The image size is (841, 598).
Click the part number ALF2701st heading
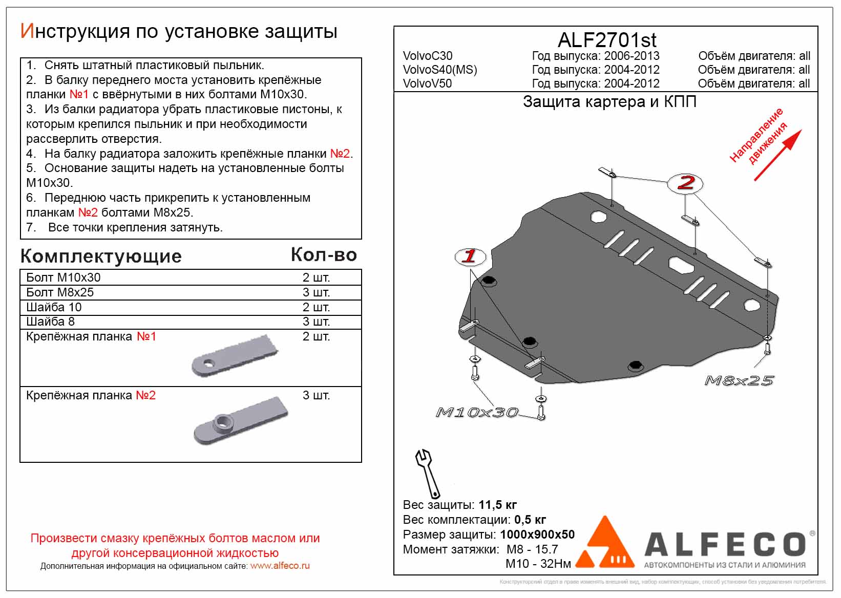pos(606,40)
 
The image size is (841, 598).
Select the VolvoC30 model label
pos(428,56)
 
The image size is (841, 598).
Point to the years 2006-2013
pos(632,56)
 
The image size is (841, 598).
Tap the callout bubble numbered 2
pos(685,183)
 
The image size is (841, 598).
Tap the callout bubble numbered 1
pos(470,256)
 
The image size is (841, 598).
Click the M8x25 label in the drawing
pos(739,380)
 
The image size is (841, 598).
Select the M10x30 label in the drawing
pos(477,412)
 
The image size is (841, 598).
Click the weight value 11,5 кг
pos(497,505)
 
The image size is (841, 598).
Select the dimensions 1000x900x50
pos(537,535)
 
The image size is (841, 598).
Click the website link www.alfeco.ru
pos(280,566)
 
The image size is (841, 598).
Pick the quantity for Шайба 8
pos(316,322)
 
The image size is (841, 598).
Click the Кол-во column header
pos(324,254)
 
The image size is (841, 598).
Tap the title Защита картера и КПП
pos(609,102)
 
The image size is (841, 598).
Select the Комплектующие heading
pos(101,256)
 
